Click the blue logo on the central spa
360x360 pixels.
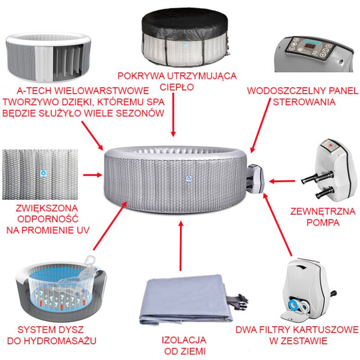[x=189, y=179]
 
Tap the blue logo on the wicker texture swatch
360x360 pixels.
[x=43, y=174]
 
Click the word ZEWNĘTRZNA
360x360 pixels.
[x=323, y=211]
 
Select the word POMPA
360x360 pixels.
[x=323, y=222]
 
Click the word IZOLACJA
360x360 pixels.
[x=184, y=340]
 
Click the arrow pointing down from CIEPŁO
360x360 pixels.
[x=174, y=115]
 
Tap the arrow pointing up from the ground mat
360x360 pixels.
[x=181, y=246]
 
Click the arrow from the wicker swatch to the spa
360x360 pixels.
[x=92, y=175]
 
